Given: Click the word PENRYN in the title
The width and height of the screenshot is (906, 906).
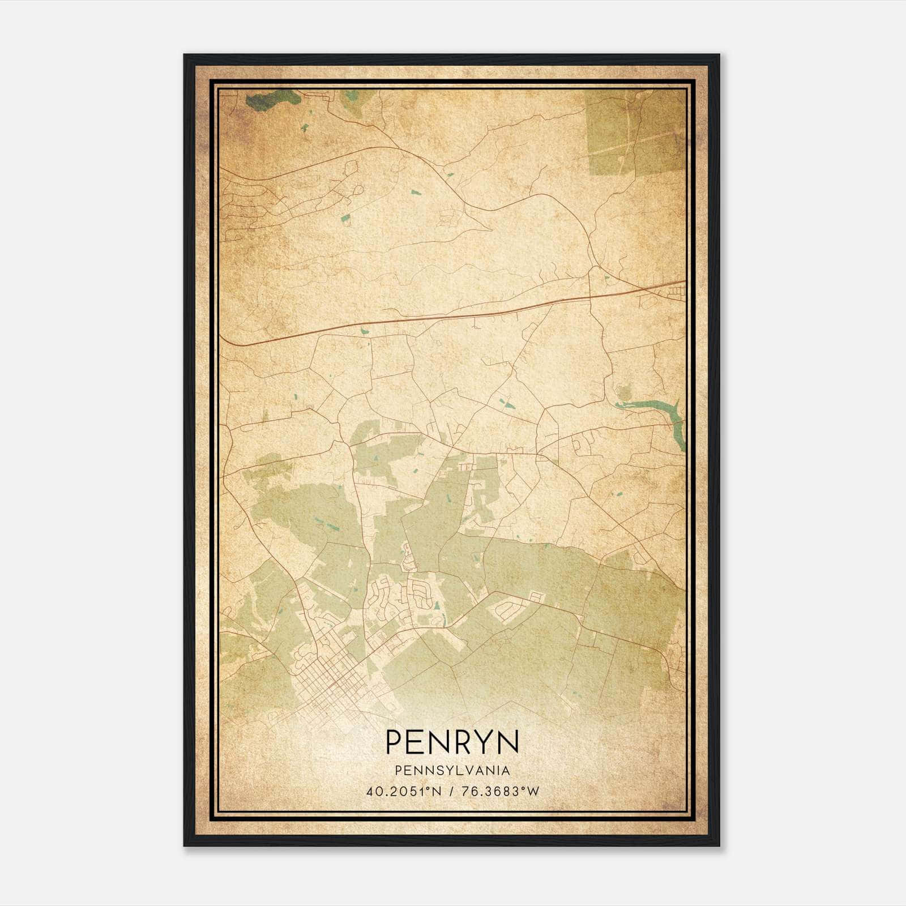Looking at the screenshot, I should (452, 742).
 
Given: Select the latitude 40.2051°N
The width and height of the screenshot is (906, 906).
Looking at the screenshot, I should (403, 791).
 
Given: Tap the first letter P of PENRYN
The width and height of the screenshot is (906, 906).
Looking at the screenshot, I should (395, 742).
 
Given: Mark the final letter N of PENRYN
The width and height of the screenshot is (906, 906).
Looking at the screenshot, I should (507, 742).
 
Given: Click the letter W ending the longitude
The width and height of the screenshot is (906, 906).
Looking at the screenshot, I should (533, 791).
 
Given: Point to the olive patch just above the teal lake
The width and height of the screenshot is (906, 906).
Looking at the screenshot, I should (623, 391).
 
